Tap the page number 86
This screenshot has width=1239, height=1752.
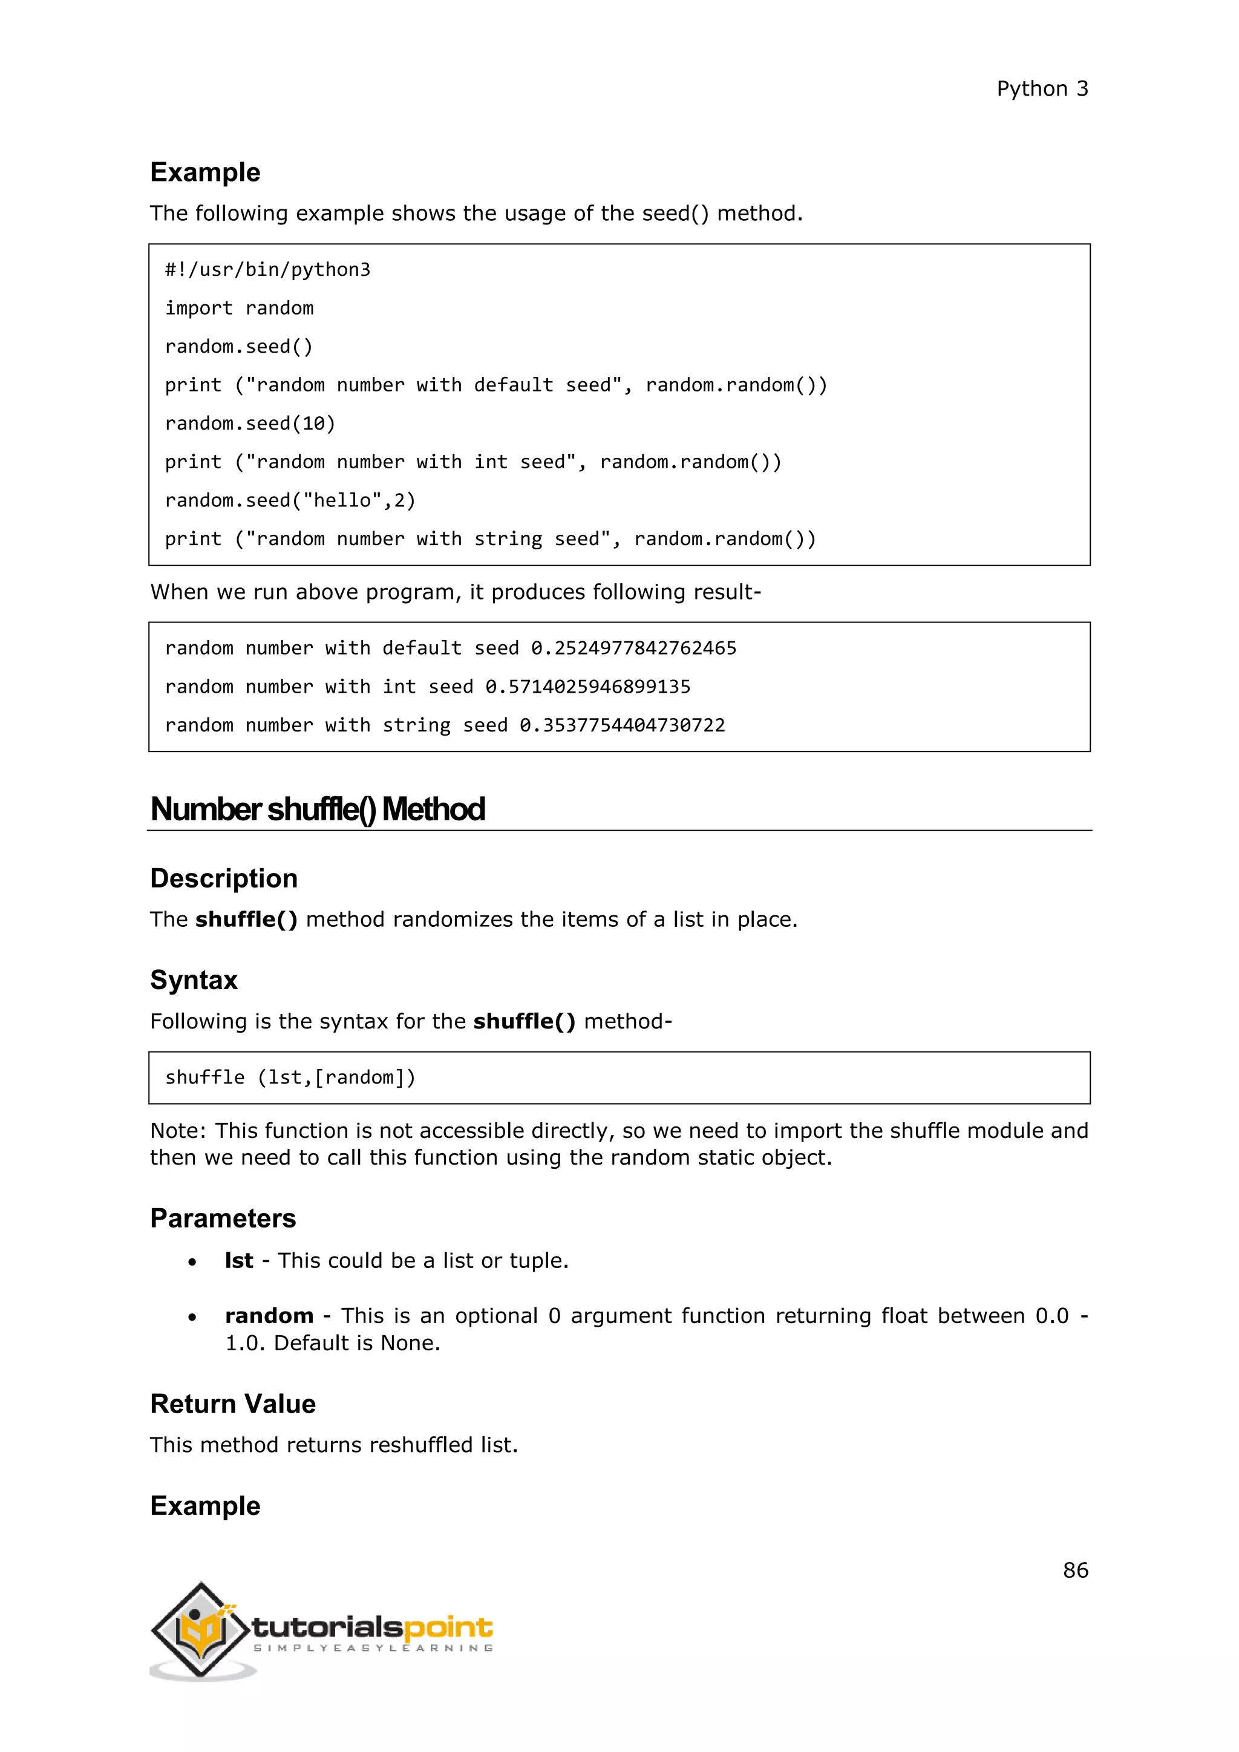pos(1075,1570)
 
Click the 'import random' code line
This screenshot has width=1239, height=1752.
pos(239,309)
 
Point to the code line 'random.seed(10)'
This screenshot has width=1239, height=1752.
pos(249,423)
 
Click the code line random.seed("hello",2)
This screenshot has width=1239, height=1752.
pos(290,500)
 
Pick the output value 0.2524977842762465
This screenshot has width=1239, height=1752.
pos(633,648)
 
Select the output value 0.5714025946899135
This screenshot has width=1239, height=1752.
pos(587,687)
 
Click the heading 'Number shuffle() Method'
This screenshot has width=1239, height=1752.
pos(318,809)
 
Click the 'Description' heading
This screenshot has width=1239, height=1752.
pos(223,878)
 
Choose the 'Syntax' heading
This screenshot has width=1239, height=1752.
pos(194,980)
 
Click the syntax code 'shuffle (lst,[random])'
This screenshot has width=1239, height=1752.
pos(290,1077)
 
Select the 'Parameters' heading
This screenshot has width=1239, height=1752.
pos(223,1218)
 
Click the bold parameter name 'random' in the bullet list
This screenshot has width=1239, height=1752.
pos(269,1316)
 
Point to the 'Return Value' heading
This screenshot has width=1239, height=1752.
pos(233,1404)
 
